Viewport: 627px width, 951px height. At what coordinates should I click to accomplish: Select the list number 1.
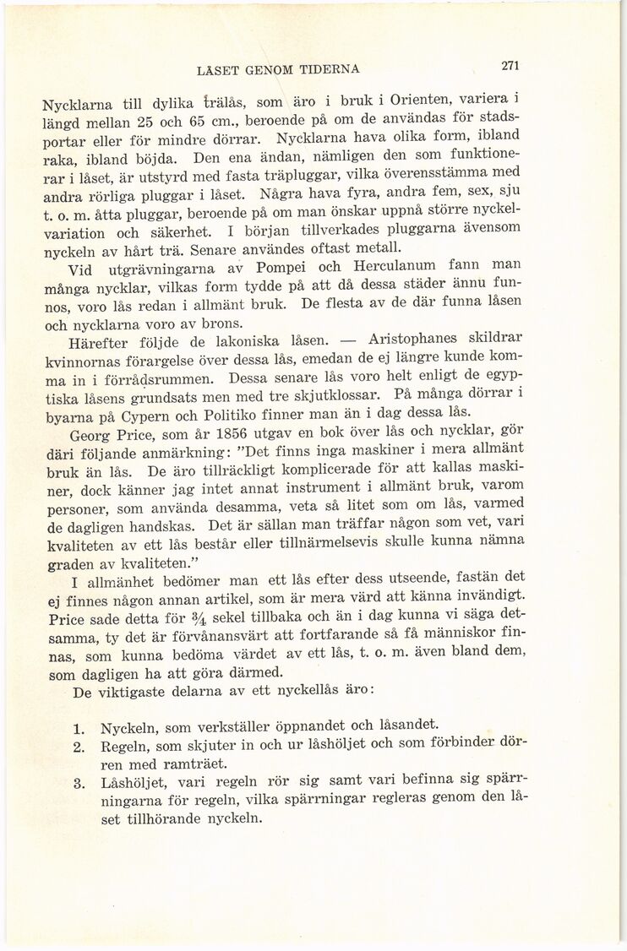pos(79,726)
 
